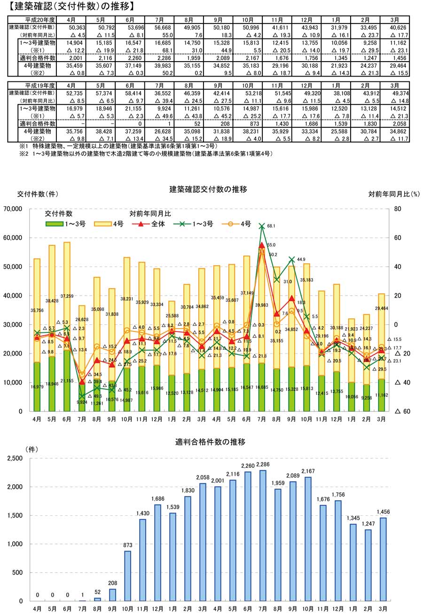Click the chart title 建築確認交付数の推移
[x=208, y=189]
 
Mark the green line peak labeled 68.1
[x=262, y=227]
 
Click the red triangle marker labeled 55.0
[x=262, y=245]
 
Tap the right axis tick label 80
[x=398, y=209]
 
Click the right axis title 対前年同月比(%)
[x=394, y=194]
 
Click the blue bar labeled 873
[x=127, y=576]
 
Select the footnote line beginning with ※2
[x=146, y=154]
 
